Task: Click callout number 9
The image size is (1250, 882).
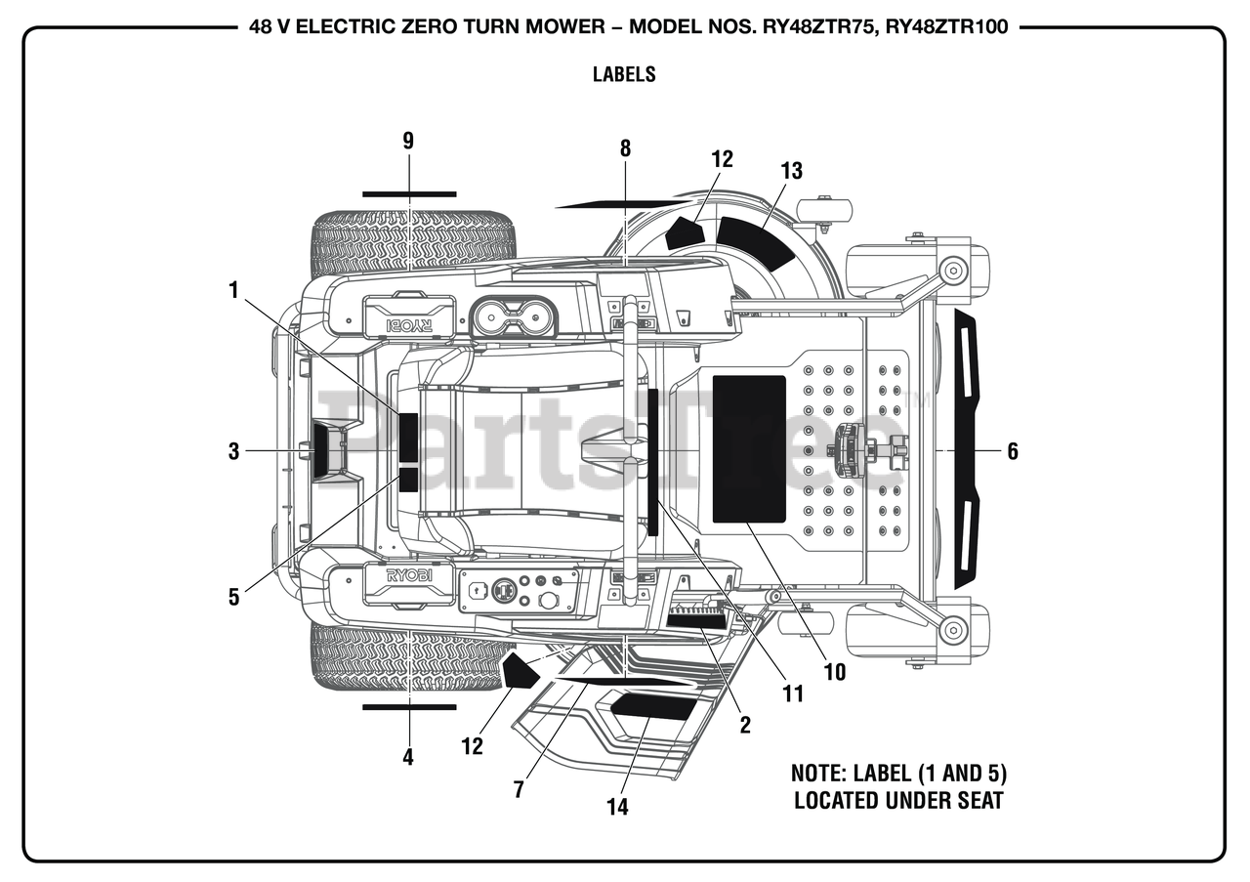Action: click(x=408, y=142)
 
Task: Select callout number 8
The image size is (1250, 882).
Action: click(x=625, y=148)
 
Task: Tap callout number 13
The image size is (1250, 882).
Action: click(x=791, y=171)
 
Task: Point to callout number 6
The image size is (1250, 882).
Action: click(x=1013, y=451)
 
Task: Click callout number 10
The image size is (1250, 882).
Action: click(x=835, y=672)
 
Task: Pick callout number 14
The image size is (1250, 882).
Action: click(x=618, y=807)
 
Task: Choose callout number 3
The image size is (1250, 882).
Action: click(x=233, y=451)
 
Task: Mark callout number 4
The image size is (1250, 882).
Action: click(x=408, y=758)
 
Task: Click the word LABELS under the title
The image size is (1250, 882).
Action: click(x=624, y=74)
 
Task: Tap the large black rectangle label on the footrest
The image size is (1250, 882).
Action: click(x=749, y=449)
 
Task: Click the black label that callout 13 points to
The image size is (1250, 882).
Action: click(x=755, y=243)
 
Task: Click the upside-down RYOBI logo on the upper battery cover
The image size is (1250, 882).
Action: click(x=409, y=325)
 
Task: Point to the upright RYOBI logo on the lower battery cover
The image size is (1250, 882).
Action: click(x=409, y=575)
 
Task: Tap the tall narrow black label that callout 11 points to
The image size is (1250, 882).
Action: click(x=653, y=462)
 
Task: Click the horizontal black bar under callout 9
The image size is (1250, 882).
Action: click(x=409, y=194)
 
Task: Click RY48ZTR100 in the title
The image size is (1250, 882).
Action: click(x=947, y=26)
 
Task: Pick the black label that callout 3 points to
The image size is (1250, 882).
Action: click(x=322, y=450)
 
